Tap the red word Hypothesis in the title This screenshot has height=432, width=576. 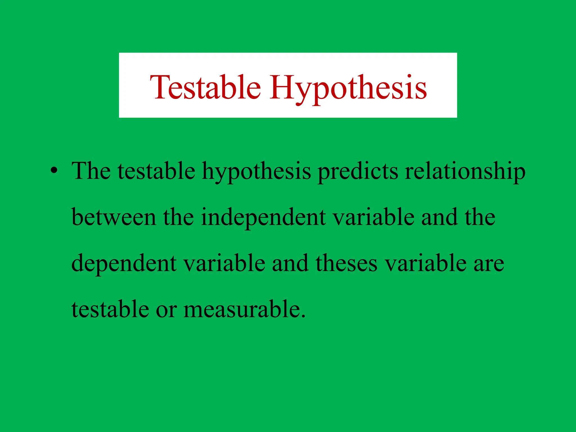348,88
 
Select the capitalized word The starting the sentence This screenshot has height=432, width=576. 91,171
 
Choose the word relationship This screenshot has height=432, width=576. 465,171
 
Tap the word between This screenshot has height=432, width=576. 114,217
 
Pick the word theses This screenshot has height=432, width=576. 346,263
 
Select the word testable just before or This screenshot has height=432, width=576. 110,309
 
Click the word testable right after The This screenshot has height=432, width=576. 156,171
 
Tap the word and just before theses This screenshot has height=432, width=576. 290,263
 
